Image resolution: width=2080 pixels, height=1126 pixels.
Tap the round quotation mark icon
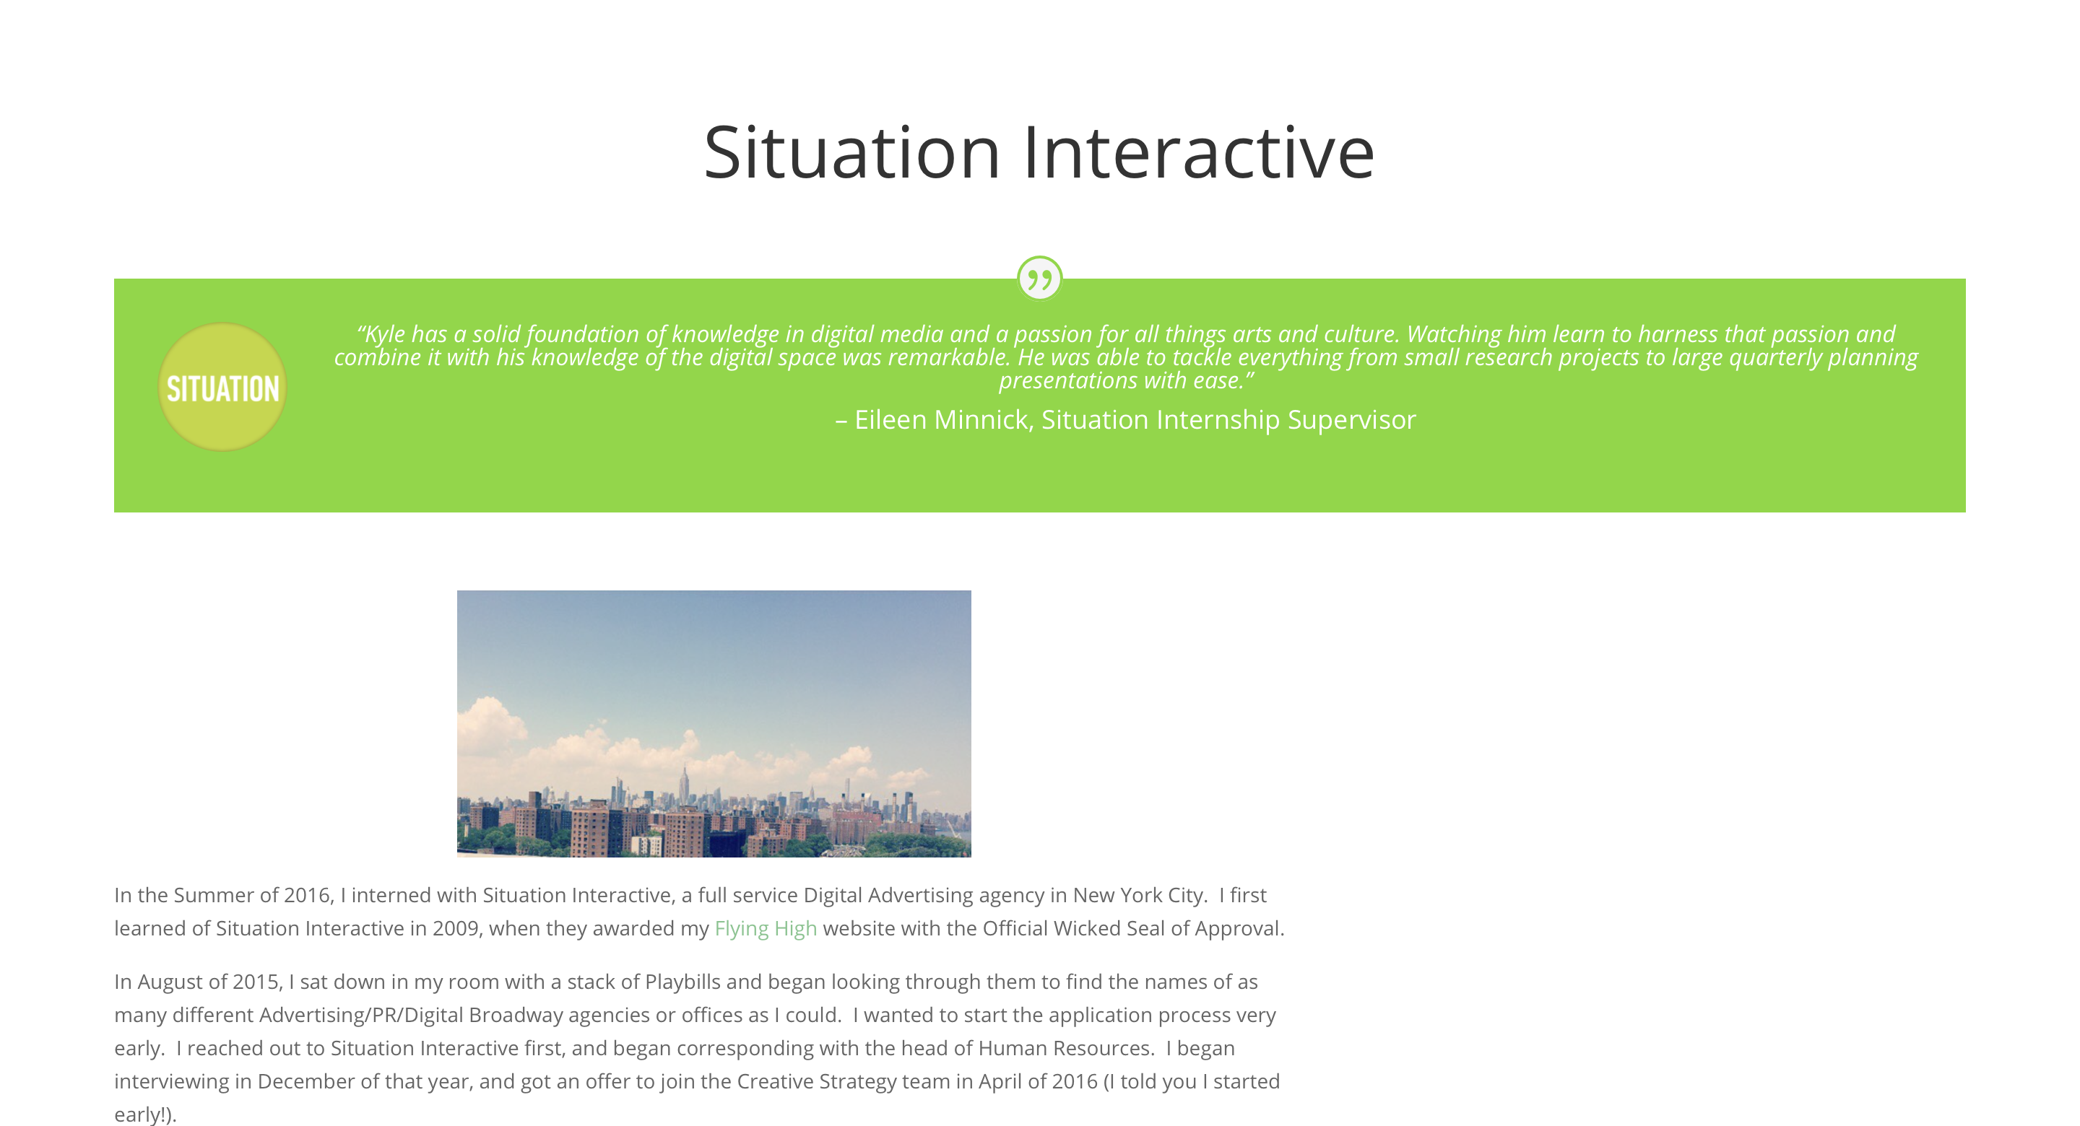click(x=1039, y=279)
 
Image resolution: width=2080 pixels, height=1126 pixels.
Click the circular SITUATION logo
click(x=222, y=388)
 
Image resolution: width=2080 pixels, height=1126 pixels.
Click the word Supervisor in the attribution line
click(x=1352, y=420)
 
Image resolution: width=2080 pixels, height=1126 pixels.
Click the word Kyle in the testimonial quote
click(x=385, y=334)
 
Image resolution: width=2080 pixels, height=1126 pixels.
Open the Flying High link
click(x=766, y=929)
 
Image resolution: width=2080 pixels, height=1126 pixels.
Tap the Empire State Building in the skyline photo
click(x=685, y=782)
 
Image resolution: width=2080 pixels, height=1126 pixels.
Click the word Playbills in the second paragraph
click(x=682, y=982)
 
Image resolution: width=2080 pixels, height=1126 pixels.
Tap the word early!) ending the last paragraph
click(x=145, y=1114)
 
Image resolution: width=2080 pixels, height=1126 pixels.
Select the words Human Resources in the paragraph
click(x=1065, y=1049)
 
